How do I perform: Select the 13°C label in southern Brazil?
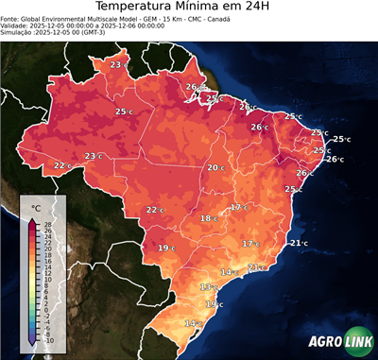[x=208, y=286]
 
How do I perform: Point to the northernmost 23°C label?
[x=118, y=64]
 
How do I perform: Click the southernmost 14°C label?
[x=193, y=323]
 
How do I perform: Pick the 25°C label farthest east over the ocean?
[x=340, y=139]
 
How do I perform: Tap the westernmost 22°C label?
[x=62, y=165]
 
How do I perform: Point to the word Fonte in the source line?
[x=11, y=23]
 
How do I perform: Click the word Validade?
[x=16, y=30]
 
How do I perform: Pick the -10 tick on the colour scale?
[x=48, y=340]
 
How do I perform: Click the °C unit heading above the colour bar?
[x=36, y=207]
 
